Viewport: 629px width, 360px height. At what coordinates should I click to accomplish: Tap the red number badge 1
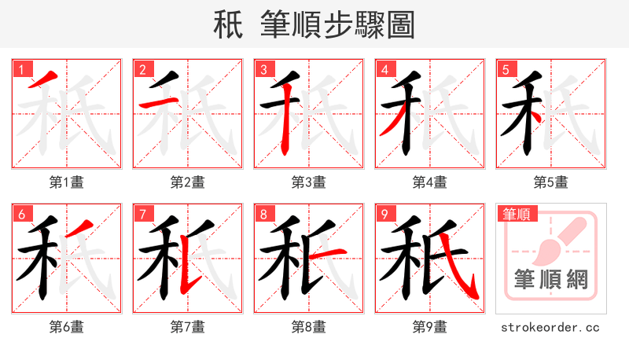tap(21, 69)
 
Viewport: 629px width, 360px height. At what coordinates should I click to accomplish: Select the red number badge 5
tap(506, 69)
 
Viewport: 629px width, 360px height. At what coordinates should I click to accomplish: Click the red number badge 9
tap(384, 214)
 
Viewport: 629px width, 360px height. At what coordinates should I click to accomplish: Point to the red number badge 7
tap(142, 214)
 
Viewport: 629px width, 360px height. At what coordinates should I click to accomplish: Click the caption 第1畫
tap(67, 182)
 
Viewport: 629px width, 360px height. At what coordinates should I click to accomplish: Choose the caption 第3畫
tap(309, 182)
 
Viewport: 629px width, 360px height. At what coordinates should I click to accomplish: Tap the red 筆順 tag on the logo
tap(515, 213)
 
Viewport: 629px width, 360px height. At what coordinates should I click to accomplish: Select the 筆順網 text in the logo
tap(550, 280)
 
